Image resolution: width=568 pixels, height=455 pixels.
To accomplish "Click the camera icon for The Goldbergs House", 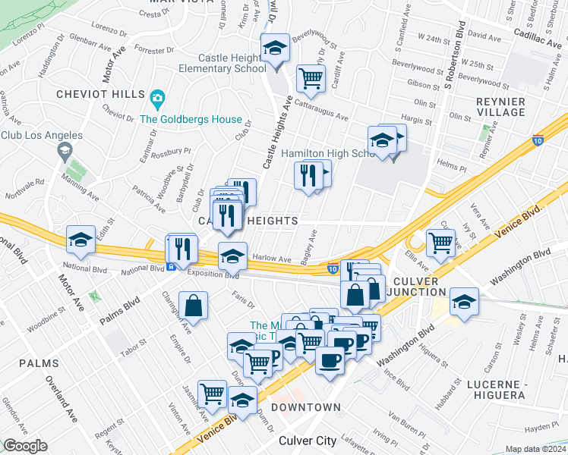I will coord(157,98).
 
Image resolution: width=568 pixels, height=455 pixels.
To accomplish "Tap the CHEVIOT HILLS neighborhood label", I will coord(100,94).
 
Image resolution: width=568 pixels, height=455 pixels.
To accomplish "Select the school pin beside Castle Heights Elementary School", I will coord(274,49).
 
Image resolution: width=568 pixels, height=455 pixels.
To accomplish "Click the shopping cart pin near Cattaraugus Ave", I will coord(310,77).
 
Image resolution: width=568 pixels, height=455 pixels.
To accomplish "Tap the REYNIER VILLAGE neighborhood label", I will coord(500,107).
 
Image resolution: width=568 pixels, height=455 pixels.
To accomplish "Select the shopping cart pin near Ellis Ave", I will coord(440,243).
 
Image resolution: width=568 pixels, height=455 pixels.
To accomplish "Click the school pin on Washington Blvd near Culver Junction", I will coord(463,302).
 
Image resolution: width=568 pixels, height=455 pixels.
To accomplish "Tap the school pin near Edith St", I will coord(80,240).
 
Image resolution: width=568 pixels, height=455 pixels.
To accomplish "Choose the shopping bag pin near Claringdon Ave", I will coord(194,306).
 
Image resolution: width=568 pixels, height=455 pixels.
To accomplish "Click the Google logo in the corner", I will coord(24,446).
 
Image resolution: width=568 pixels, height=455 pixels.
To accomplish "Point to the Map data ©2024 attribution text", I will coord(535,449).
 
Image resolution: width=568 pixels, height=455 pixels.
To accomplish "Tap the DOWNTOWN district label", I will coord(305,408).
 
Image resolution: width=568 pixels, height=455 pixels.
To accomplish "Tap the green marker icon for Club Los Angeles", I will coord(65,152).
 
